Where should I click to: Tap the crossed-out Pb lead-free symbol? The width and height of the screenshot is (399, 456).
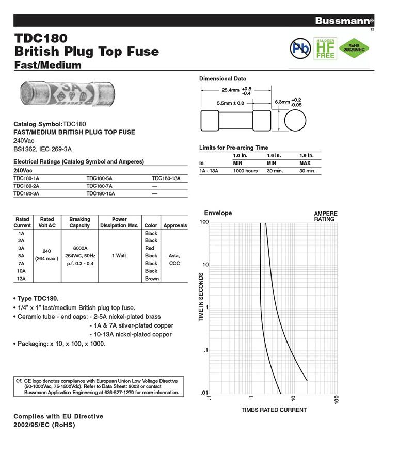pyautogui.click(x=299, y=48)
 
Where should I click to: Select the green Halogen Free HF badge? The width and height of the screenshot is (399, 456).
pyautogui.click(x=325, y=47)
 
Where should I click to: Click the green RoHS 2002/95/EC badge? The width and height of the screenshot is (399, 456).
pyautogui.click(x=354, y=48)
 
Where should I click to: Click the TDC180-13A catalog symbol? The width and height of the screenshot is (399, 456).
pyautogui.click(x=166, y=178)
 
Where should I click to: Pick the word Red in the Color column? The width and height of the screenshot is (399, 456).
pyautogui.click(x=151, y=248)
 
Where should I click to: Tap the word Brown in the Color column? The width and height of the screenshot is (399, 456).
pyautogui.click(x=151, y=279)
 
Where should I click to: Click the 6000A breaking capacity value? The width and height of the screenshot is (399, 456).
pyautogui.click(x=79, y=248)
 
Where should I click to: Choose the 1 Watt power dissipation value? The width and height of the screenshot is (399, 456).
pyautogui.click(x=119, y=256)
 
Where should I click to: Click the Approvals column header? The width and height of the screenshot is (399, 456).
pyautogui.click(x=175, y=226)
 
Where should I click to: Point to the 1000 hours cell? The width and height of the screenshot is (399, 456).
pyautogui.click(x=245, y=171)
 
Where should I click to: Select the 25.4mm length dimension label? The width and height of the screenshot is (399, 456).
pyautogui.click(x=231, y=90)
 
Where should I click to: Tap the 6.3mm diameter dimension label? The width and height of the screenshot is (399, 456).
pyautogui.click(x=281, y=102)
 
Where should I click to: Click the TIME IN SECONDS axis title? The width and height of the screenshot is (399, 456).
pyautogui.click(x=202, y=298)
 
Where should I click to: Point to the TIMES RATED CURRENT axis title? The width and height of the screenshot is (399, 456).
pyautogui.click(x=274, y=410)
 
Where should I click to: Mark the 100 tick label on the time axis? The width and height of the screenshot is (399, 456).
pyautogui.click(x=204, y=222)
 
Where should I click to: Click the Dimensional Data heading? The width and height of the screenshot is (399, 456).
pyautogui.click(x=222, y=79)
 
